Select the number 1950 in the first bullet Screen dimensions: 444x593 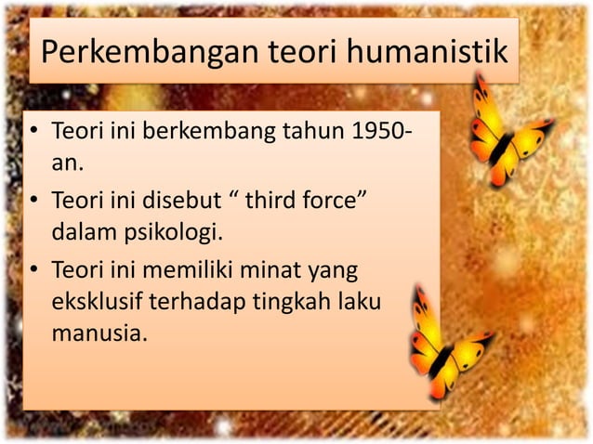pyautogui.click(x=373, y=137)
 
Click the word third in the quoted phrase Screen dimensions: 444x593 pyautogui.click(x=278, y=201)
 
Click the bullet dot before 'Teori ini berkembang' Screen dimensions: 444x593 pyautogui.click(x=33, y=137)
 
